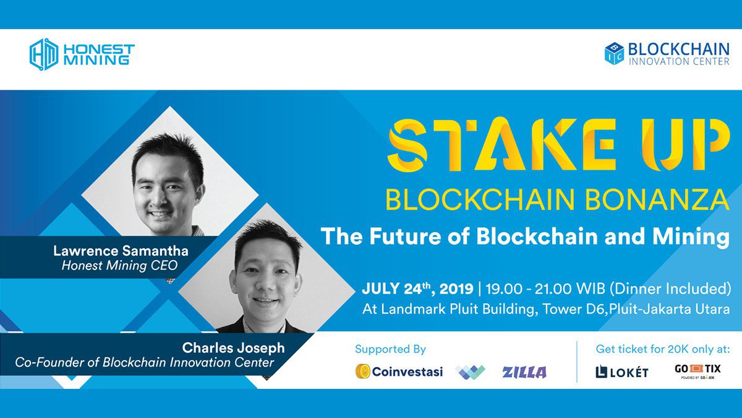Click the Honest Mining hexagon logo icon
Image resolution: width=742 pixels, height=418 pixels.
tap(44, 54)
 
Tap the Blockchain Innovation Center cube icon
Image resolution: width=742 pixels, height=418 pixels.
tap(614, 53)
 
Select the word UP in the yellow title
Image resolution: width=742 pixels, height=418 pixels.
tap(686, 145)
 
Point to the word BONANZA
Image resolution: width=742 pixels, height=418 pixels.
tap(657, 200)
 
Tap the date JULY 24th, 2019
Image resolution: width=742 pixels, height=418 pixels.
tap(417, 289)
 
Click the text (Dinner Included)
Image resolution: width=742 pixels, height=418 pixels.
tap(670, 289)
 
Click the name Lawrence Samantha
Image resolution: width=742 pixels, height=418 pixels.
tap(121, 251)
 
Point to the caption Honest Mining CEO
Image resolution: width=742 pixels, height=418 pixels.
tap(119, 266)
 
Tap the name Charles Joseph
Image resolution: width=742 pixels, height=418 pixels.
tap(233, 347)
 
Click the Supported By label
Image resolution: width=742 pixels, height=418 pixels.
tap(390, 349)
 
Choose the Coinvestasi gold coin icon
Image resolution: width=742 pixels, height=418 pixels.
tap(363, 371)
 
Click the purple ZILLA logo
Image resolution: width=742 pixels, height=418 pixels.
tap(524, 372)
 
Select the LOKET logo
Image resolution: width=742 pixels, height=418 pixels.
tap(622, 372)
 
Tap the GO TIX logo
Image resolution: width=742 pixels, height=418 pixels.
tap(697, 371)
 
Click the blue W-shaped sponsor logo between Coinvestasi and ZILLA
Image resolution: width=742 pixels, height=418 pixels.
tap(470, 372)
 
